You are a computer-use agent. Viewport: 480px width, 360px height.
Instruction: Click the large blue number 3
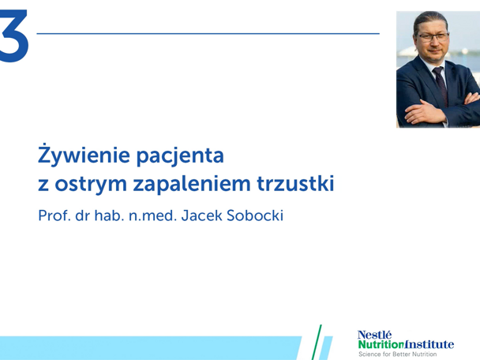point(13,36)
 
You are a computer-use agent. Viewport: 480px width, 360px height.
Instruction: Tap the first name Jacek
point(203,216)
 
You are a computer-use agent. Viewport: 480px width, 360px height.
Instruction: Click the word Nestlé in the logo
point(374,335)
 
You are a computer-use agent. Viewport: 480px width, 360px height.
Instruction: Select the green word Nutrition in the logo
point(381,344)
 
